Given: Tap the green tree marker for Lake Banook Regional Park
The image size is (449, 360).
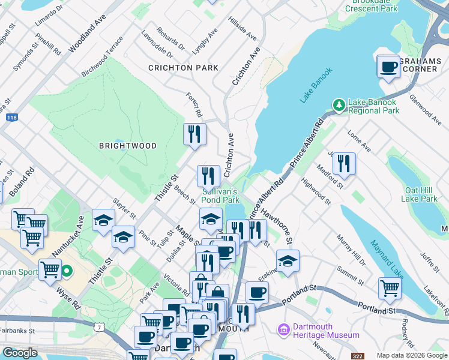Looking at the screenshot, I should pos(339,105).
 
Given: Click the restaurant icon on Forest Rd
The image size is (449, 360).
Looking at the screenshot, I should pos(194,134).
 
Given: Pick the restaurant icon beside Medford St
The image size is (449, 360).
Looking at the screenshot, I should pos(344,164).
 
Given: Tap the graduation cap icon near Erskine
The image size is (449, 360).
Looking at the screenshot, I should pos(288,261).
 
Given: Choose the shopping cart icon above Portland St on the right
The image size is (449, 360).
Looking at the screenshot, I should pos(390,288).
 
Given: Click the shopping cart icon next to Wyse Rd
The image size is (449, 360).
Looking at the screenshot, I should pos(50,270).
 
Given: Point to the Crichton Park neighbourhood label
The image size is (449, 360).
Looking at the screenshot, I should pos(183,68).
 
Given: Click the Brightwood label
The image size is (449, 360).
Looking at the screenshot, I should pos(128,146).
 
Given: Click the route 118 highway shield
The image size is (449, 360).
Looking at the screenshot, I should pos(11,118).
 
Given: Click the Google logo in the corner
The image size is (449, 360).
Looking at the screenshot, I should pos(20,353).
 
